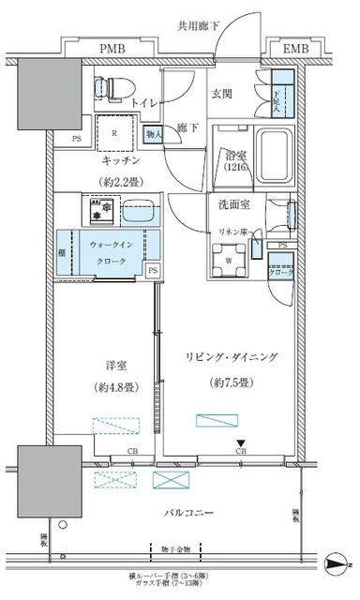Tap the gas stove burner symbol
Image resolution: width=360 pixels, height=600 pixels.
pos(97,211)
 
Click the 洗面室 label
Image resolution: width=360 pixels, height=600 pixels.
pos(230,203)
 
